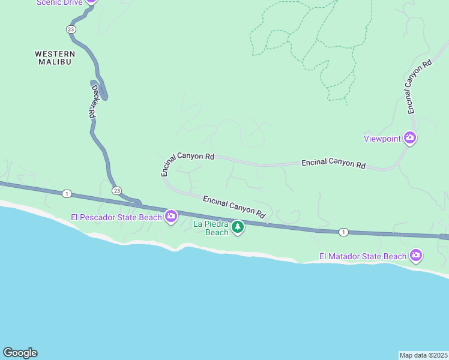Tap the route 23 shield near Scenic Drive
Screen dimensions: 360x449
click(71, 29)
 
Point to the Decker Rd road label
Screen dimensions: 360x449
click(93, 101)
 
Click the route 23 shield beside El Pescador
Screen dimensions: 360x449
click(116, 190)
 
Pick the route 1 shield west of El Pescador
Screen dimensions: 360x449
click(67, 193)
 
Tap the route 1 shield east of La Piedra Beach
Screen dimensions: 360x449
click(343, 232)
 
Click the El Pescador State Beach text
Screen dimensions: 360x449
click(116, 217)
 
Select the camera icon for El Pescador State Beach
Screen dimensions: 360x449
click(171, 217)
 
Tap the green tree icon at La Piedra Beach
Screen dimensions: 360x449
click(238, 227)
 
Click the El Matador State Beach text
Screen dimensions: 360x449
click(363, 257)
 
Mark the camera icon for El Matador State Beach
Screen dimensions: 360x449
click(415, 256)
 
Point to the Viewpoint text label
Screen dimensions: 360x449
click(382, 139)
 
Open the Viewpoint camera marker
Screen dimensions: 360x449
click(410, 139)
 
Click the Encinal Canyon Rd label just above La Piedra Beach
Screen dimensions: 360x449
click(234, 206)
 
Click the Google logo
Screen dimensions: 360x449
click(20, 353)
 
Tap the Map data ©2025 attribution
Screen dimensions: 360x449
click(423, 355)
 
